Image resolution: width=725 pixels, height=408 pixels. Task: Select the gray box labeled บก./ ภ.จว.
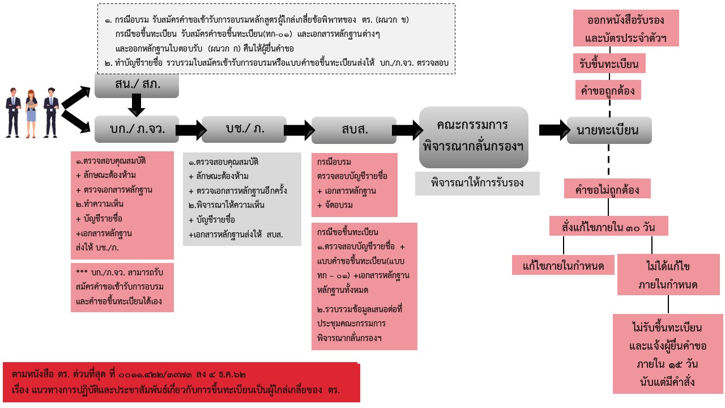(x=137, y=129)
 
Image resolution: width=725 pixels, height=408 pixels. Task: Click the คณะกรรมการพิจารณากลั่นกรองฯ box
(x=474, y=137)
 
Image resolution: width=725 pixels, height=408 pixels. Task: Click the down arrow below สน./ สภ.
(x=137, y=105)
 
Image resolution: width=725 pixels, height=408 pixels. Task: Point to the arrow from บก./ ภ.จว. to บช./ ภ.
(x=190, y=130)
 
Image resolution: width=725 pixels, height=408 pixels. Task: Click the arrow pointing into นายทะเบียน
(x=553, y=130)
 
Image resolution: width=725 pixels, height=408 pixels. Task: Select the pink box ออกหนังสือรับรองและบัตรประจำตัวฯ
(x=626, y=28)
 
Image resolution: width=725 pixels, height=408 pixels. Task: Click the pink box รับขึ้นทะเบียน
(x=609, y=64)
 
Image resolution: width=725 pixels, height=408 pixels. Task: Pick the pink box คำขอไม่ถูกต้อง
(x=607, y=189)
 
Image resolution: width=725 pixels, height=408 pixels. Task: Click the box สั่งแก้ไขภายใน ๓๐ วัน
(x=609, y=226)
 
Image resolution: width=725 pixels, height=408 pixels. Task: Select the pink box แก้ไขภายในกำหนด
(x=563, y=265)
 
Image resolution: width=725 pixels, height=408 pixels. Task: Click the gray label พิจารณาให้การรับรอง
(x=477, y=183)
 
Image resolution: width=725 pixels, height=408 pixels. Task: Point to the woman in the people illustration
(x=31, y=112)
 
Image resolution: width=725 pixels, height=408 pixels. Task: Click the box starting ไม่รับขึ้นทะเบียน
(x=668, y=354)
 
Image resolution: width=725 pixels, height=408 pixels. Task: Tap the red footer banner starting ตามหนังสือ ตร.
(x=181, y=382)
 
